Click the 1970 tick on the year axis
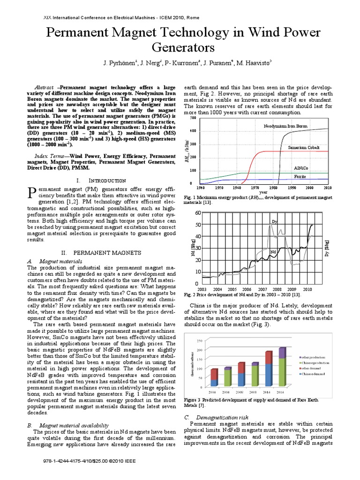(255, 187)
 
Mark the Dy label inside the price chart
(275, 221)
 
